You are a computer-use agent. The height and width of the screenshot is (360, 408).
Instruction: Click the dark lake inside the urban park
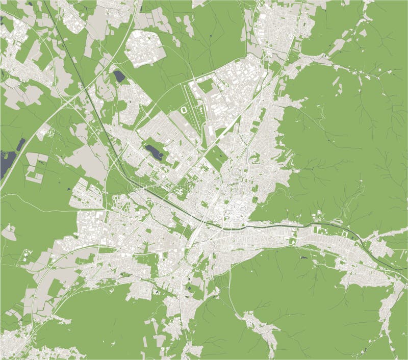153,151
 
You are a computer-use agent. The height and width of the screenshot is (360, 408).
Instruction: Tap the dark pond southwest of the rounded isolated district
119,76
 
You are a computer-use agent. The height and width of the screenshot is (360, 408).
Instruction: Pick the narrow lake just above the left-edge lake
20,144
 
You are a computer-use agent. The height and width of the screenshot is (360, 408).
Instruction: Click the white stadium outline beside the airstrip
184,110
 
